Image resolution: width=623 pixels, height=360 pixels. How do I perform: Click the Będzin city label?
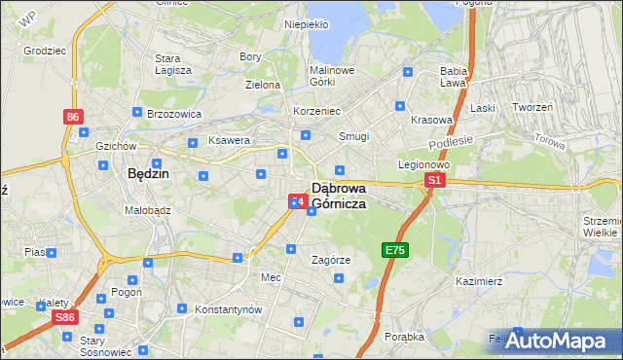(149, 173)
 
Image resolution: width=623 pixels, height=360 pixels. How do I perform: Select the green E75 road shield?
(394, 250)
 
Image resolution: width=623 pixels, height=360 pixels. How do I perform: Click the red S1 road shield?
(435, 180)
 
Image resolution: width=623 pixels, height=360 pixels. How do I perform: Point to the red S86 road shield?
(65, 318)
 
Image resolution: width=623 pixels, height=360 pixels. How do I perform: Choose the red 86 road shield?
(73, 117)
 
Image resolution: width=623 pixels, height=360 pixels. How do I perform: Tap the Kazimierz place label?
(478, 281)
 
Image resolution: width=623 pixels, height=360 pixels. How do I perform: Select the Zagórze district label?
(330, 261)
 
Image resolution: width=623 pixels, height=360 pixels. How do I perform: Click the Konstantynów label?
(230, 308)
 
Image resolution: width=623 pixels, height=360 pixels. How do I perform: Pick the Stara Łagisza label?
(173, 63)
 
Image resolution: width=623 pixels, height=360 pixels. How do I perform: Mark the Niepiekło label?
(305, 24)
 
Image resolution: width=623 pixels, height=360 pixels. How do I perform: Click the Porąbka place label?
(404, 337)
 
